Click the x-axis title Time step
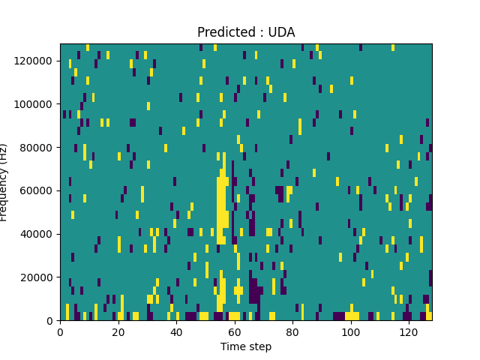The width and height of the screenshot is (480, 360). click(x=246, y=346)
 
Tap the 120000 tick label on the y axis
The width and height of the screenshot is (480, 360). click(x=35, y=61)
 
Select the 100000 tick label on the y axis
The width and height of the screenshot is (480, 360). click(x=35, y=104)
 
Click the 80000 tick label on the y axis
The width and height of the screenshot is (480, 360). click(x=38, y=147)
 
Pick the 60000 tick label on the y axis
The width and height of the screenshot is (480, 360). click(x=38, y=190)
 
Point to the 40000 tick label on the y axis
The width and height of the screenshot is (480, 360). click(x=38, y=234)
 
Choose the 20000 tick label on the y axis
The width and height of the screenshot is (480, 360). click(x=38, y=277)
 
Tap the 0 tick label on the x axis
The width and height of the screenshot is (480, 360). click(x=60, y=331)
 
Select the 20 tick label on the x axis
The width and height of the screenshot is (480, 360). click(x=118, y=331)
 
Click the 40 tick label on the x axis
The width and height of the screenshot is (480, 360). click(x=176, y=331)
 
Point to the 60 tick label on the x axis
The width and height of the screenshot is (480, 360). click(x=234, y=331)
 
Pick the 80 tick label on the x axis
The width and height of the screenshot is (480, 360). click(x=292, y=331)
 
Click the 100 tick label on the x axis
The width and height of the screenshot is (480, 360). click(x=350, y=331)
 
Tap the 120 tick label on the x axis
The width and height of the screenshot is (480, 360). click(x=409, y=331)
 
